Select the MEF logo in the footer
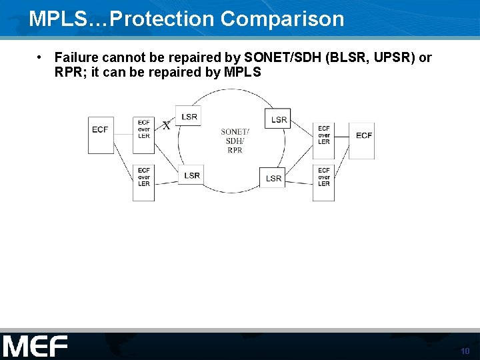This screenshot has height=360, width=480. [35, 347]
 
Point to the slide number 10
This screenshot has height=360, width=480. [465, 351]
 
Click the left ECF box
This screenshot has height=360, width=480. [101, 135]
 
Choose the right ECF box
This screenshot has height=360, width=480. [363, 140]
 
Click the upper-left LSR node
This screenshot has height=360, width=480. [188, 116]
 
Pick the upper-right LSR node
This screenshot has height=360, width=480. [278, 119]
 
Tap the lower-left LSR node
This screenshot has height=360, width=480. [191, 175]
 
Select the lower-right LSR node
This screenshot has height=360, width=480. [273, 177]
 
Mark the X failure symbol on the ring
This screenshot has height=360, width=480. [166, 125]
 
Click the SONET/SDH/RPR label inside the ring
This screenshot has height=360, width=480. [235, 141]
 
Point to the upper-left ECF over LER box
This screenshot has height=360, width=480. [143, 129]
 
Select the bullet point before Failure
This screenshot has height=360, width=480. [41, 58]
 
